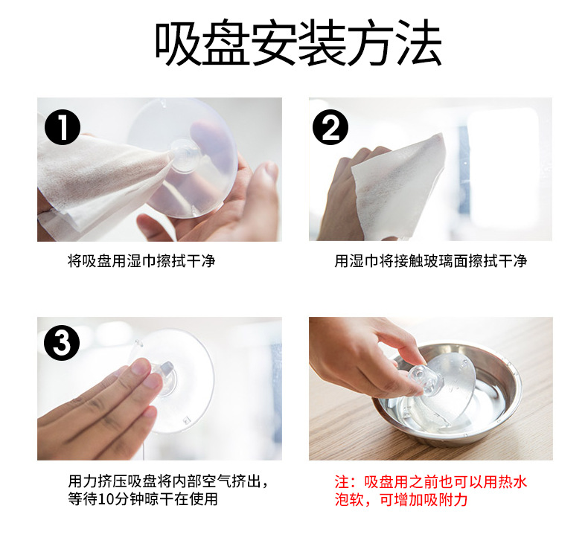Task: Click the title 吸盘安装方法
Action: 298,42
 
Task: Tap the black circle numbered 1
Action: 63,127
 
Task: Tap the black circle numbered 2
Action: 330,127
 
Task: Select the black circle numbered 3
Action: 62,342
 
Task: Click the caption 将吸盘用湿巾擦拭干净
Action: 141,261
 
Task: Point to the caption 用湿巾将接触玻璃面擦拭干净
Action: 431,261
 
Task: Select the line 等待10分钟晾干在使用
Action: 143,498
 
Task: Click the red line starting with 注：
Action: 431,482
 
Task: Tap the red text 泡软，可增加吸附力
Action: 401,500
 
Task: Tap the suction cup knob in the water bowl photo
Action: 422,378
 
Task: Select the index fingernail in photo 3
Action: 141,367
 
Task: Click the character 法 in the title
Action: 419,42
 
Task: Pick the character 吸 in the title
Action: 178,42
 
